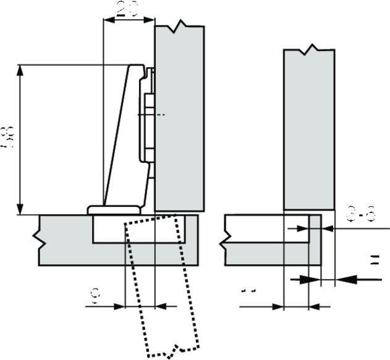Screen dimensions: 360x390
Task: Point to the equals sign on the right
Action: (x=373, y=261)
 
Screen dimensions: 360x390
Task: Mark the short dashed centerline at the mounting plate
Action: (x=159, y=115)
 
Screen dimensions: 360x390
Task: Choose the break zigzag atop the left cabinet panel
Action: (x=180, y=26)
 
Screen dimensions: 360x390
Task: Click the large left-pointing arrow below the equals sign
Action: (x=349, y=280)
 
